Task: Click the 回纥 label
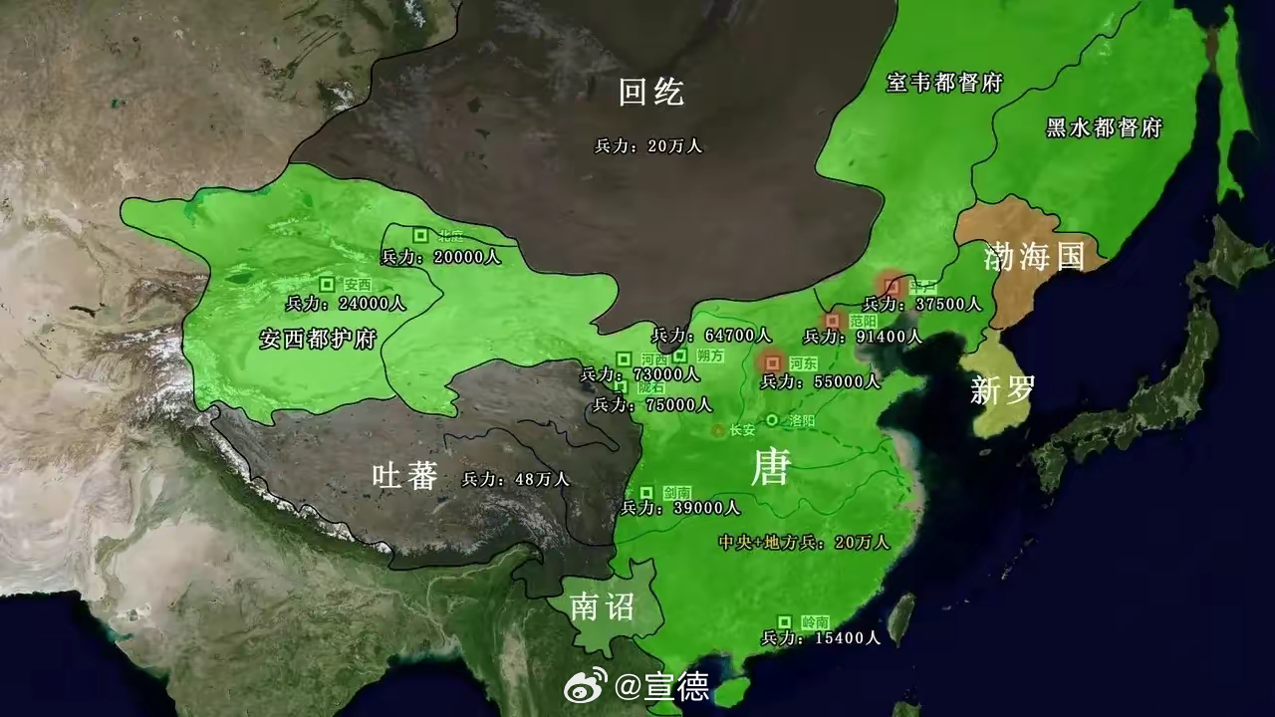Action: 651,93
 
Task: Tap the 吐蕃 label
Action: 404,476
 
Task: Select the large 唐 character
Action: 770,466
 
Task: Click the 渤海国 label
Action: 1033,256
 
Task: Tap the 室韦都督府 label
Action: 944,83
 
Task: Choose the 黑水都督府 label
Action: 1104,127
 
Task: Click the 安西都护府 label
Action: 317,338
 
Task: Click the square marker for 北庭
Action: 421,235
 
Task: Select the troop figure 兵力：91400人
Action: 862,337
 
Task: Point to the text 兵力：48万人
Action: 516,479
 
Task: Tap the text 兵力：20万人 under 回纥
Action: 648,145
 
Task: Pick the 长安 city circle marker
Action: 717,430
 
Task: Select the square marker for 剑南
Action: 646,492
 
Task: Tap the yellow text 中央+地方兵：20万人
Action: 803,543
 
